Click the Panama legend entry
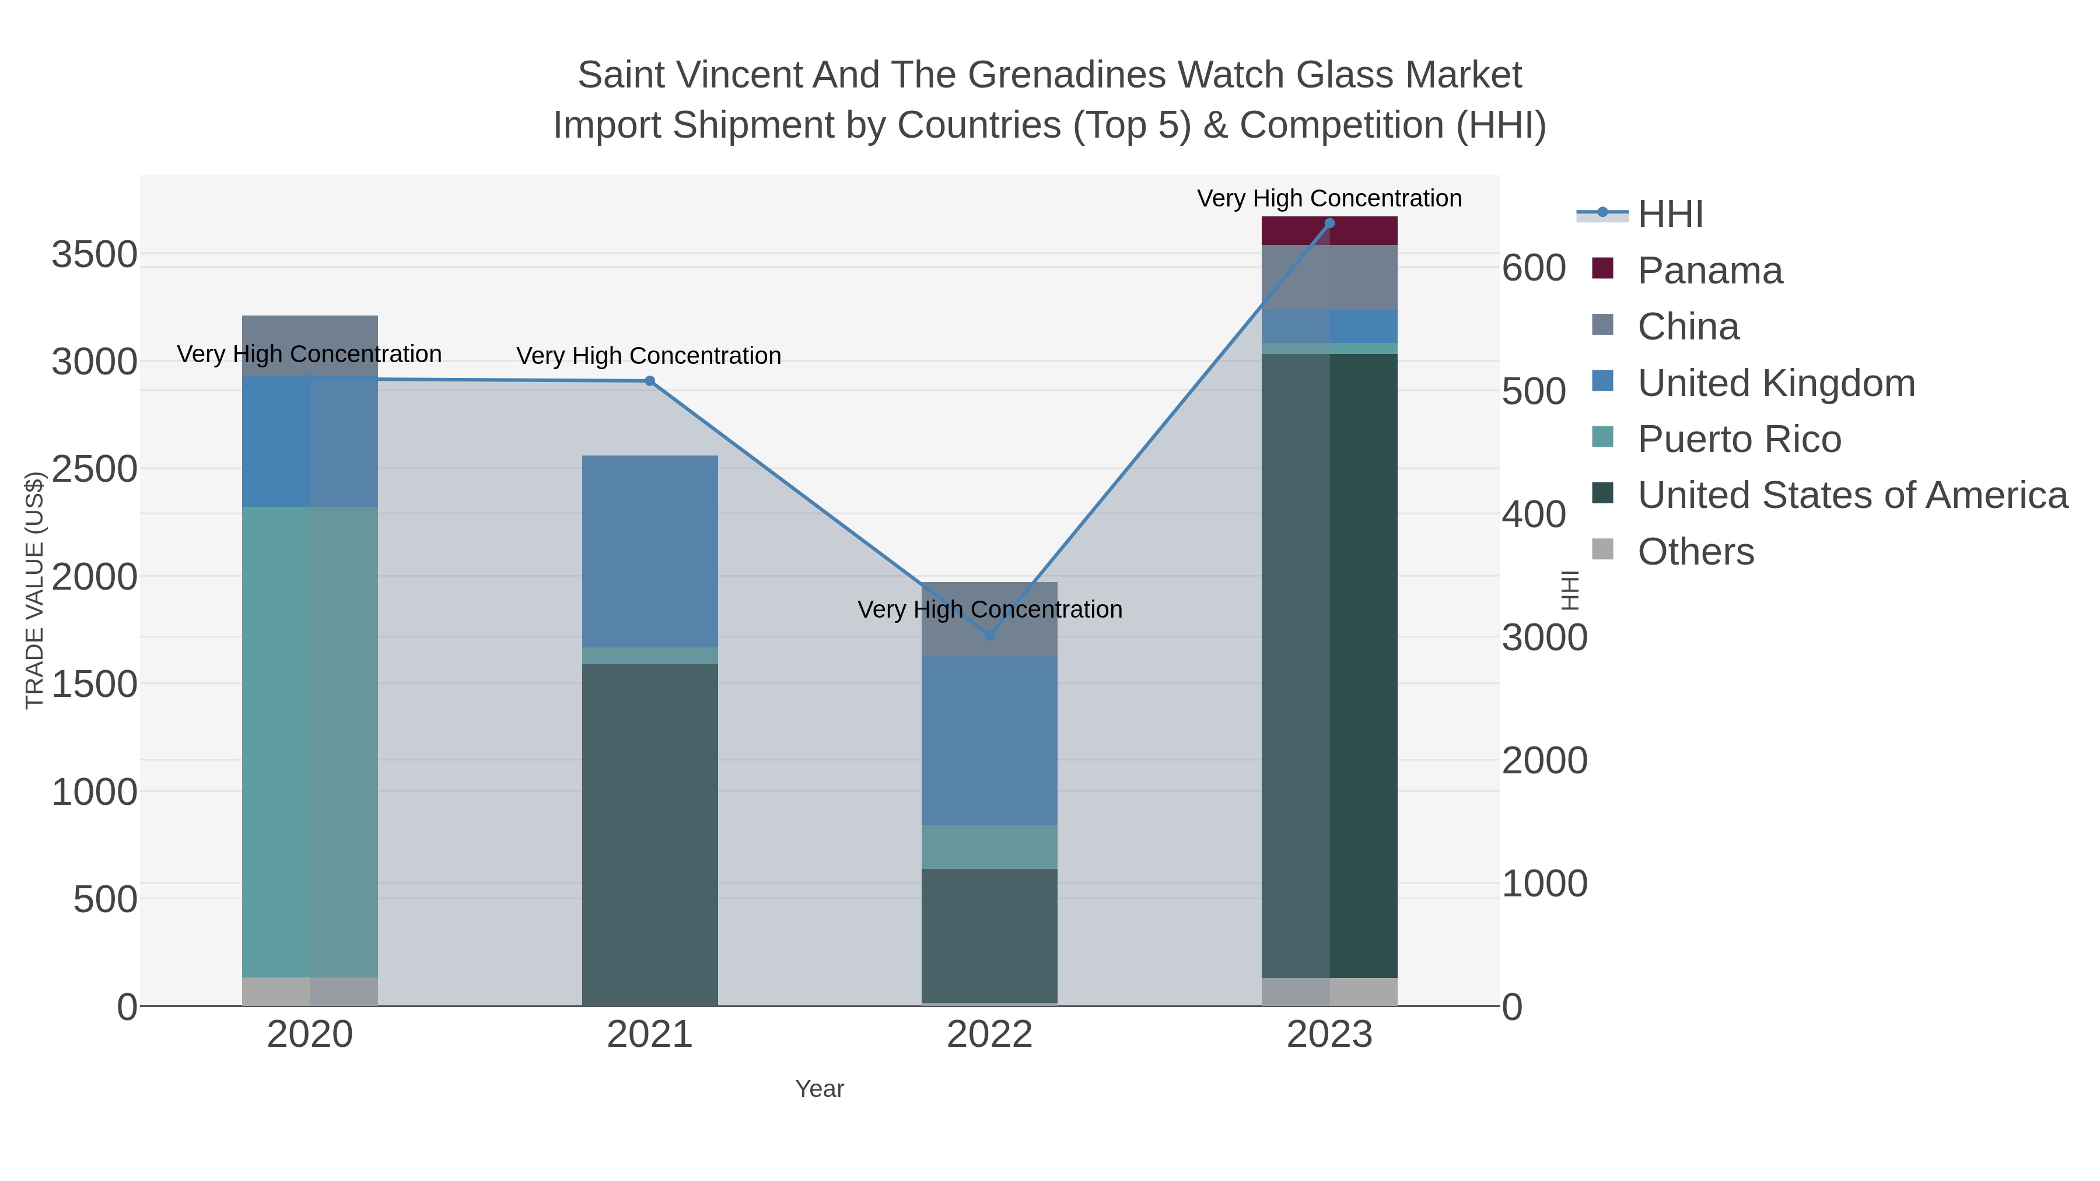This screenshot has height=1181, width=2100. point(1710,271)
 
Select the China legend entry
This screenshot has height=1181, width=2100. point(1688,327)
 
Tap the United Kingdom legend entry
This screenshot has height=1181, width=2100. point(1776,383)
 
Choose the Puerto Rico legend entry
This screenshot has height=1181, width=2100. point(1739,439)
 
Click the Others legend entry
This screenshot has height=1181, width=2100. point(1696,552)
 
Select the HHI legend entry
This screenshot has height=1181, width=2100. point(1669,215)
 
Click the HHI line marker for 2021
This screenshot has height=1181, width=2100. point(650,381)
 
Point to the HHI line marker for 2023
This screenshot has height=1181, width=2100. point(1329,223)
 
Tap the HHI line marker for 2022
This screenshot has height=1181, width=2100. point(990,636)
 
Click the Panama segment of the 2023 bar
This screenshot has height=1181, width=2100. point(1329,230)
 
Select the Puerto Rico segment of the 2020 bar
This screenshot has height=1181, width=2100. point(310,742)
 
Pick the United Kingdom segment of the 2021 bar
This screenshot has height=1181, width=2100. point(650,551)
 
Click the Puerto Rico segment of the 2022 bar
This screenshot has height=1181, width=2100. point(990,847)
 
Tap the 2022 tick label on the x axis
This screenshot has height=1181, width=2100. point(990,1035)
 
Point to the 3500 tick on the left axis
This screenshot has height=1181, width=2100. point(94,255)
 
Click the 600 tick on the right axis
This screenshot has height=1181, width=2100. point(1534,268)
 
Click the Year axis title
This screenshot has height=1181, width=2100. point(820,1089)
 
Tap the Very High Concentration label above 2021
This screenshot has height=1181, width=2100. point(649,356)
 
